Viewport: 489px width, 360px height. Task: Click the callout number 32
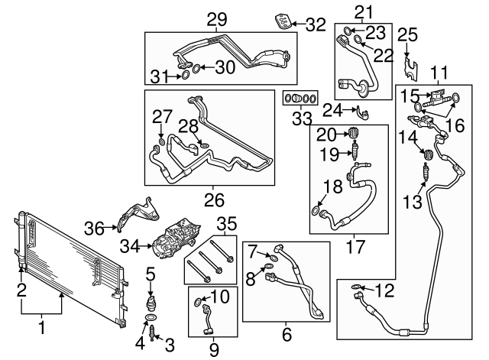click(316, 24)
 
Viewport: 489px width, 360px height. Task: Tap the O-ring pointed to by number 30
click(196, 70)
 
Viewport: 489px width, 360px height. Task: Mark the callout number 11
click(438, 73)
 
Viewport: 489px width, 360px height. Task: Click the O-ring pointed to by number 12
click(356, 287)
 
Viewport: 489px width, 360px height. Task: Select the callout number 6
click(287, 334)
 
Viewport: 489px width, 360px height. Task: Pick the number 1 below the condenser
click(41, 329)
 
